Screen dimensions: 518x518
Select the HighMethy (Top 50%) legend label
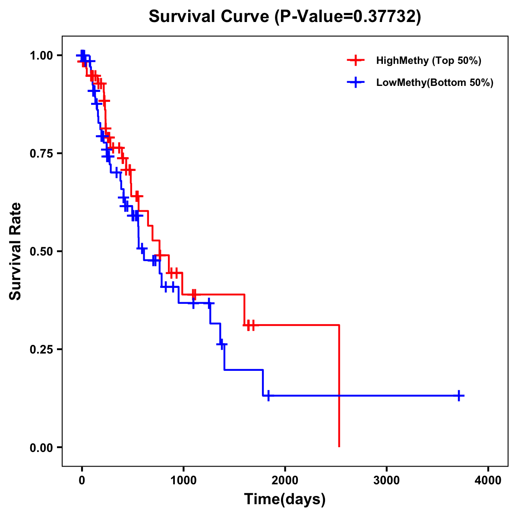coord(428,60)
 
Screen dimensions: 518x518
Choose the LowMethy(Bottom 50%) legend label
coord(435,82)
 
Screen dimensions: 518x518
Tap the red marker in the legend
coord(355,60)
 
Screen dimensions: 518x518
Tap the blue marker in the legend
coord(355,82)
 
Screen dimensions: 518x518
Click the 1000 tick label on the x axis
coord(183,480)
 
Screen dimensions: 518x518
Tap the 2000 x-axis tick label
coord(285,480)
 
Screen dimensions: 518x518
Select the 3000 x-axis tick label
coord(386,480)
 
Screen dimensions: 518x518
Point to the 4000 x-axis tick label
coord(488,480)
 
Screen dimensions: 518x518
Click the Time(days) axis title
coord(285,499)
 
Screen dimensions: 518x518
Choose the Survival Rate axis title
coord(16,251)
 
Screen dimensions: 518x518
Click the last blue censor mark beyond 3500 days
coord(459,395)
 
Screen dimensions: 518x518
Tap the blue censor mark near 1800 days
coord(268,395)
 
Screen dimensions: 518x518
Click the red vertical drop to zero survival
coord(339,388)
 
